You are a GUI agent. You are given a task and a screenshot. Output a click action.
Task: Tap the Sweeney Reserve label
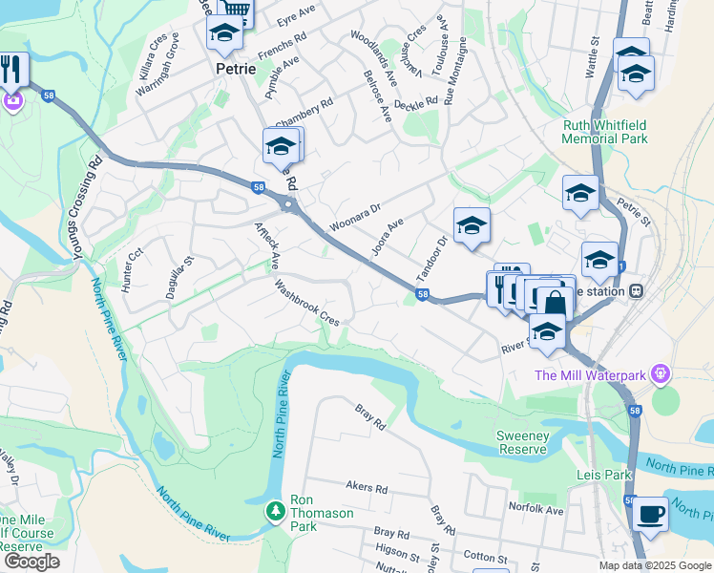[522, 442]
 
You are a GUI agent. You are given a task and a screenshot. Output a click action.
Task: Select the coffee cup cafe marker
[651, 513]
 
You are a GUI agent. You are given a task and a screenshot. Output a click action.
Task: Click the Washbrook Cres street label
[307, 303]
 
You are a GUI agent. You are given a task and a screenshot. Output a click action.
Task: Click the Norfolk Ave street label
[535, 509]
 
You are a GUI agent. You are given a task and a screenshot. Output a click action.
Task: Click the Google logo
[31, 561]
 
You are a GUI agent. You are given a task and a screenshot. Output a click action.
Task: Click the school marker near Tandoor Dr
[472, 226]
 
